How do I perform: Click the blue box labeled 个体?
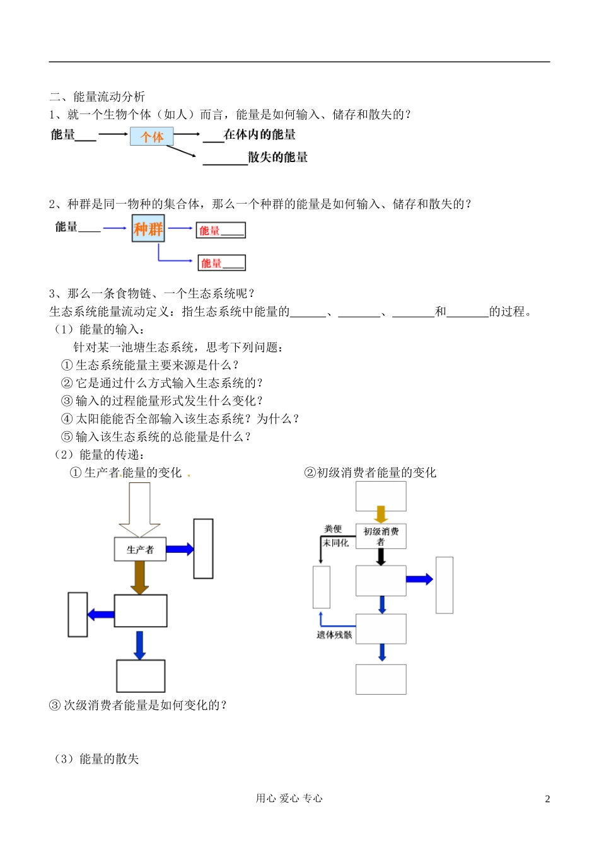pyautogui.click(x=151, y=137)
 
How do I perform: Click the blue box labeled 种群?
pyautogui.click(x=148, y=229)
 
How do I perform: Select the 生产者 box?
pyautogui.click(x=140, y=550)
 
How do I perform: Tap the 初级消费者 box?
pyautogui.click(x=381, y=536)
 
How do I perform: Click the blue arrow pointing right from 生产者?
pyautogui.click(x=180, y=549)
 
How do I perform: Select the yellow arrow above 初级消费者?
pyautogui.click(x=381, y=514)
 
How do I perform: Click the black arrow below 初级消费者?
pyautogui.click(x=381, y=557)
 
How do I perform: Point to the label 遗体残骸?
pyautogui.click(x=334, y=635)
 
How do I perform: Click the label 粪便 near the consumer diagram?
pyautogui.click(x=333, y=529)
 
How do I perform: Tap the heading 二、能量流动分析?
pyautogui.click(x=97, y=96)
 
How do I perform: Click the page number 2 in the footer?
pyautogui.click(x=547, y=799)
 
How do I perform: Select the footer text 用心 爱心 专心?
pyautogui.click(x=289, y=798)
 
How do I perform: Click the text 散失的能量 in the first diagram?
pyautogui.click(x=277, y=158)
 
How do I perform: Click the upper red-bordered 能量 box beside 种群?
pyautogui.click(x=221, y=230)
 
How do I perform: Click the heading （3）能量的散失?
pyautogui.click(x=96, y=759)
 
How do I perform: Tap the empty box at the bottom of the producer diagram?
pyautogui.click(x=141, y=676)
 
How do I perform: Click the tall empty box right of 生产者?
pyautogui.click(x=203, y=548)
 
